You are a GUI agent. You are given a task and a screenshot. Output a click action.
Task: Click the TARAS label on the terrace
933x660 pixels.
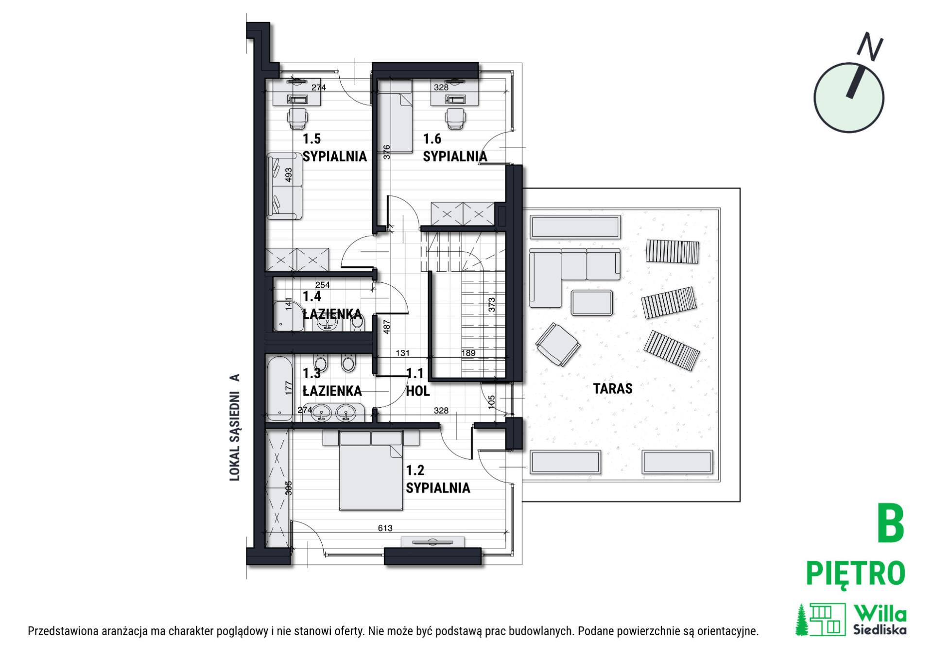[613, 388]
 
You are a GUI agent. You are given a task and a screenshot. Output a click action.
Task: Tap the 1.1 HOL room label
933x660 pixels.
[417, 382]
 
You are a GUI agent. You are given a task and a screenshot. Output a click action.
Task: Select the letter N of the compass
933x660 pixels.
[869, 47]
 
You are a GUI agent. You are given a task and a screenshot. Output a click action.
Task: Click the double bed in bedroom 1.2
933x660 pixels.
[371, 470]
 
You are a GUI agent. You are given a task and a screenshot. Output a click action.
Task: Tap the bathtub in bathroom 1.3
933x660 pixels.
[280, 388]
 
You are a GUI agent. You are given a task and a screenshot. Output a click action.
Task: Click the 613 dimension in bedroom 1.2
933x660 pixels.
[385, 528]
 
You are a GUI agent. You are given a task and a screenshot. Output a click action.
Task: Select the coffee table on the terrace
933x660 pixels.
[592, 303]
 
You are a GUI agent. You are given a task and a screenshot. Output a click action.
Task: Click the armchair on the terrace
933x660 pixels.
[558, 344]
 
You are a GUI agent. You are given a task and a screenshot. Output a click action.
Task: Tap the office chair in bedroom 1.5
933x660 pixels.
[297, 118]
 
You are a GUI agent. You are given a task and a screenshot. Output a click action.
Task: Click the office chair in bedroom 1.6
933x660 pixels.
[455, 118]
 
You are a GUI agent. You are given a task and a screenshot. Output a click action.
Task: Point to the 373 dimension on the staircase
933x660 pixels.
[492, 305]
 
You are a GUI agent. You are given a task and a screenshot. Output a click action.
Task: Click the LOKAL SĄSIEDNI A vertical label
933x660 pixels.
[235, 427]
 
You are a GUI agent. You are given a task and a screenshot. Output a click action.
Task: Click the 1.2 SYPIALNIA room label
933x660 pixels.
[438, 479]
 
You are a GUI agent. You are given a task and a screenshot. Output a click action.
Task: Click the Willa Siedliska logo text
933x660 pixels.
[880, 620]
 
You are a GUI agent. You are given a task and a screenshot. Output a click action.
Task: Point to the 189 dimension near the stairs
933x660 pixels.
[468, 353]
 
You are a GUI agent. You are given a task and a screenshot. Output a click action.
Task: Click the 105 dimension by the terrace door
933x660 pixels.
[491, 401]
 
